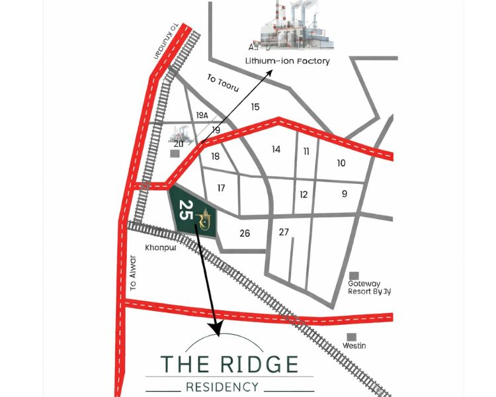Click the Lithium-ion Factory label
(x=287, y=61)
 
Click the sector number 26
(x=245, y=233)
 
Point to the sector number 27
(x=284, y=232)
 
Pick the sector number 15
(x=255, y=107)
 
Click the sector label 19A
(x=202, y=115)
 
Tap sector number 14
(x=276, y=150)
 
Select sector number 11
(x=306, y=152)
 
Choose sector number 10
(x=341, y=163)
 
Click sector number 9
(x=345, y=194)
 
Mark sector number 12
(x=304, y=195)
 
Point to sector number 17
(x=221, y=188)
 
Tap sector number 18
(x=215, y=157)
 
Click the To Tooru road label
(x=222, y=83)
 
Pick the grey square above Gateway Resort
(x=354, y=275)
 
